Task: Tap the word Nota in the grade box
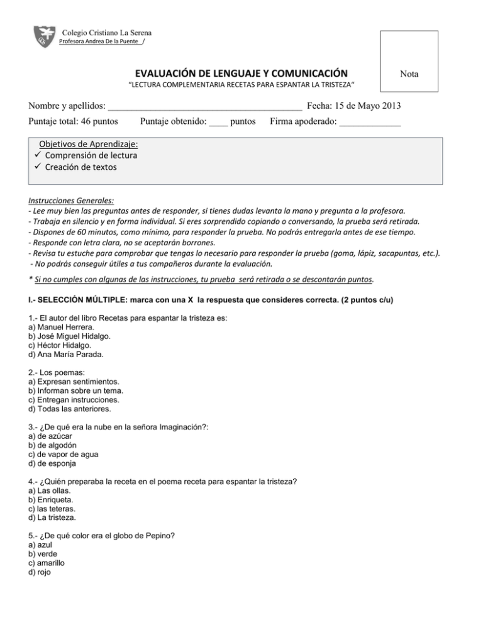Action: coord(410,74)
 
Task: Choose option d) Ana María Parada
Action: coord(67,354)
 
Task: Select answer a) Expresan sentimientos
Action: coord(74,382)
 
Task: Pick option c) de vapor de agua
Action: coord(63,454)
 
